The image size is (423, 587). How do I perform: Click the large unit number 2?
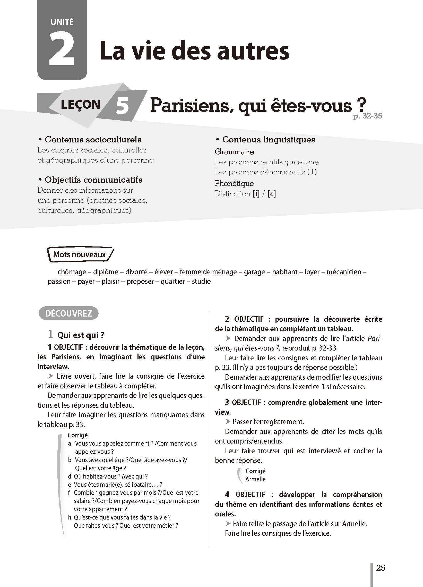(62, 49)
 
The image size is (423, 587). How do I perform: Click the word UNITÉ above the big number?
(62, 22)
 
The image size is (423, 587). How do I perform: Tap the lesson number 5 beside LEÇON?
(122, 106)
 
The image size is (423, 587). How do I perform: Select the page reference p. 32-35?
(368, 116)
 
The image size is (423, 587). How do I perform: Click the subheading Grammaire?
(234, 152)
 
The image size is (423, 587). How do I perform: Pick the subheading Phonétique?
(234, 183)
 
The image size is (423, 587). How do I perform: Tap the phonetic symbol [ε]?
(272, 194)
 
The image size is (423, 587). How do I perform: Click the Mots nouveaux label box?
(80, 254)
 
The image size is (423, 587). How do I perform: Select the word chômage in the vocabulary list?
(72, 272)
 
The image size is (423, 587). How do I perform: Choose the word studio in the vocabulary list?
(201, 281)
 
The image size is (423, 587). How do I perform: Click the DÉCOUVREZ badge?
(68, 313)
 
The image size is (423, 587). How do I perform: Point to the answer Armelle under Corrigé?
(255, 479)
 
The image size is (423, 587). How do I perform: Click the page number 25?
(381, 568)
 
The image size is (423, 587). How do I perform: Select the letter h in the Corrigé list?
(70, 517)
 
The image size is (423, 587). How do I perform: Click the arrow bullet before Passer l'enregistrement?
(228, 422)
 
